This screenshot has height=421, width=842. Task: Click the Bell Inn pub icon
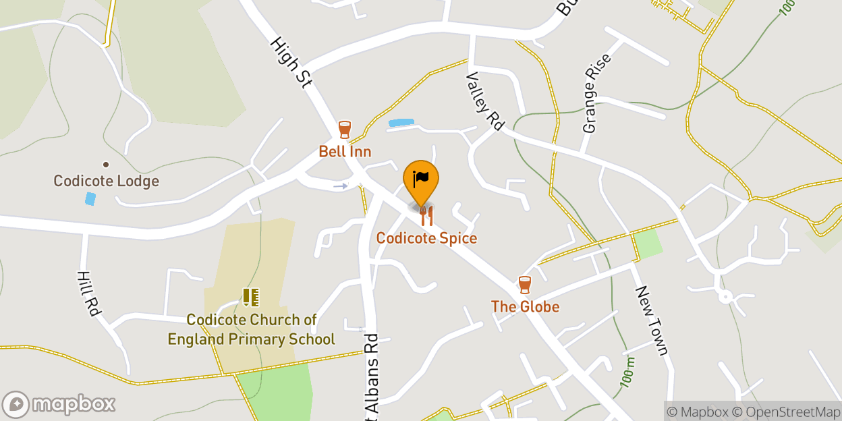[344, 130]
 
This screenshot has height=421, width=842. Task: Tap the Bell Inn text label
[345, 151]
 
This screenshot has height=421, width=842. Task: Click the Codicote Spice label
[426, 238]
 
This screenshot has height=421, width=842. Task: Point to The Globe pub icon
[524, 285]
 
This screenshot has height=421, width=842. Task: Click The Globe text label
[525, 307]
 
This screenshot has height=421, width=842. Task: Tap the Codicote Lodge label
[107, 181]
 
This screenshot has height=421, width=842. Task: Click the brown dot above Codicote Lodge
[106, 164]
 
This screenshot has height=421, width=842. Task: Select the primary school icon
[251, 297]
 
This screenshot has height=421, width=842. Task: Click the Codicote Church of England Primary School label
[251, 329]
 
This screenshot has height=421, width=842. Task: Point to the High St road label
[291, 62]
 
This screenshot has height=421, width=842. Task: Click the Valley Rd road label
[485, 101]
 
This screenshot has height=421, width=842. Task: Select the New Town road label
[651, 320]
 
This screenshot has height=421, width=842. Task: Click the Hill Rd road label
[88, 294]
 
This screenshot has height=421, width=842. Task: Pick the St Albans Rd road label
[372, 378]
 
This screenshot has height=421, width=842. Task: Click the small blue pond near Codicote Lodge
[90, 199]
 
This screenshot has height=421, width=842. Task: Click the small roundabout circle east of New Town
[725, 296]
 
